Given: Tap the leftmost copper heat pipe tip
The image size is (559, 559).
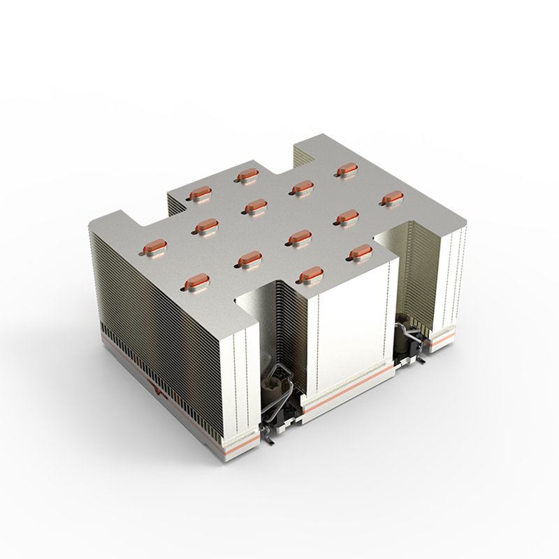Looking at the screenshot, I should (154, 246).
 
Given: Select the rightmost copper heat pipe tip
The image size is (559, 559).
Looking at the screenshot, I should (391, 198).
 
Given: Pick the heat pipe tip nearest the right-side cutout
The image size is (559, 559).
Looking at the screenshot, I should (359, 250).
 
